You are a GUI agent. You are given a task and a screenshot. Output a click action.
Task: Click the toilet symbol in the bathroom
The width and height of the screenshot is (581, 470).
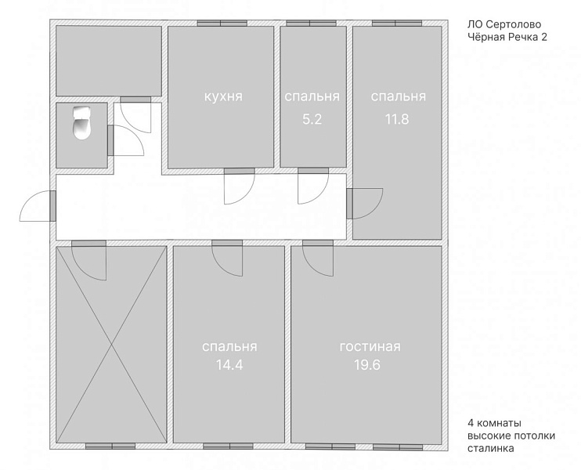coord(81,123)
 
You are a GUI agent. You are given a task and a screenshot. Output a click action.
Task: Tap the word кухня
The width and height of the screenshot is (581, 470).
coord(223,96)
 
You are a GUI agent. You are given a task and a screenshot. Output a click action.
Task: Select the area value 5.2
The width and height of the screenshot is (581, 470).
coord(312,119)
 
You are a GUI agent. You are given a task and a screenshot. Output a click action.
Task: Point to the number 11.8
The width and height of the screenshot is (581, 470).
coord(397,119)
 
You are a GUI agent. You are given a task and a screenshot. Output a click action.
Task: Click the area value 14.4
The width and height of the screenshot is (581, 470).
coord(229,365)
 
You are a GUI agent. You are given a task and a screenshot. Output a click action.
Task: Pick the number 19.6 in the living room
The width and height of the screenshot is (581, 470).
coord(367,365)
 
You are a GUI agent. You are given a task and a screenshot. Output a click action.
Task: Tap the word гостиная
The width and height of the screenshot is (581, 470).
coord(370,346)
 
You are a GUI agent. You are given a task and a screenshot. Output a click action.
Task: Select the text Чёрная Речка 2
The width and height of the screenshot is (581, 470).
coord(507,37)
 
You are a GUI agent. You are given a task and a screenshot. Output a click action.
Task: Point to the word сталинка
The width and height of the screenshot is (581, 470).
coord(491,448)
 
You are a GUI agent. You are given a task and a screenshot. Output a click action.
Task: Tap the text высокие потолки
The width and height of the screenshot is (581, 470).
coord(511,436)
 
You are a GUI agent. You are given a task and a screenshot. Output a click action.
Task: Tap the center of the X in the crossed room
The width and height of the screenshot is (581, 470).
coord(111,345)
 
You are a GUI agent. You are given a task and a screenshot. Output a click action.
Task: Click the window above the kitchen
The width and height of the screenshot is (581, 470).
coord(222,23)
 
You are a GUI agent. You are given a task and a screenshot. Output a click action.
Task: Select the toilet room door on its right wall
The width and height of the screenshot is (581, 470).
coord(110,140)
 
